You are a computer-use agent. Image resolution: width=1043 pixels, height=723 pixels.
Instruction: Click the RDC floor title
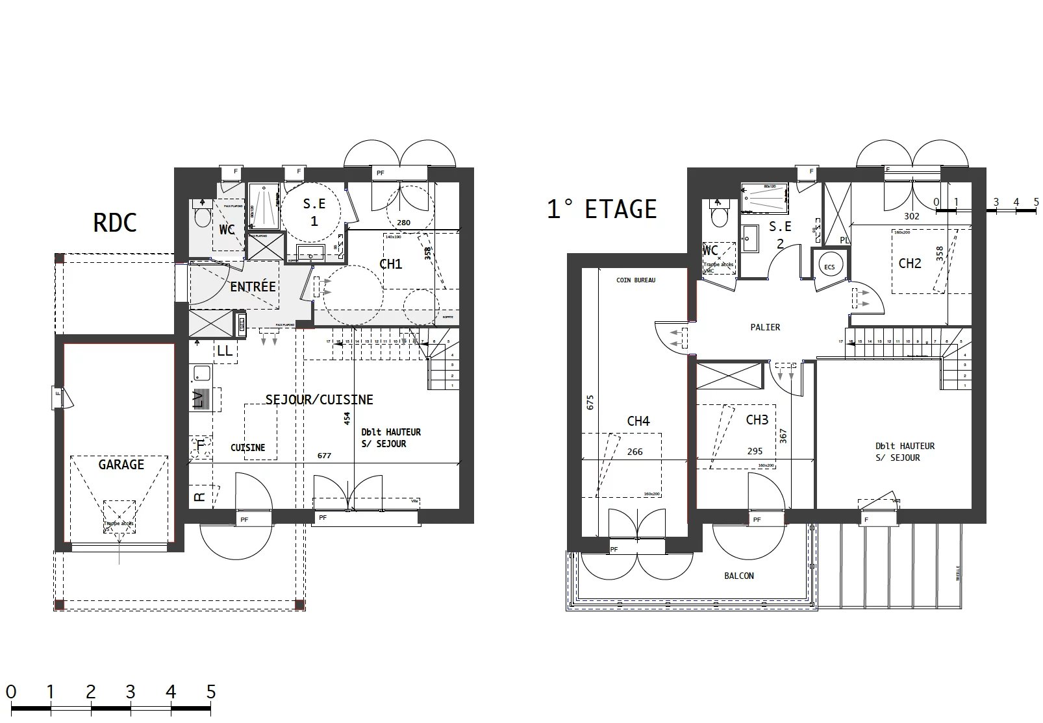click(x=115, y=223)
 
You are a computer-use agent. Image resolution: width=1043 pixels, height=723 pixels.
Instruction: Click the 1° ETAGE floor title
click(x=601, y=209)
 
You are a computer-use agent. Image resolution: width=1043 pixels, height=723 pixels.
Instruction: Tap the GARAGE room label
click(x=121, y=465)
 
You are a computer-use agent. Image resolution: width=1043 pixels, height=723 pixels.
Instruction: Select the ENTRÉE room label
click(x=253, y=286)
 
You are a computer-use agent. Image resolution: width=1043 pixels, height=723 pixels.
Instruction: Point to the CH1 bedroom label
click(x=390, y=264)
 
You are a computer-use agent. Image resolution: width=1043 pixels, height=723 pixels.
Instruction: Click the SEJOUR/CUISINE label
click(x=319, y=400)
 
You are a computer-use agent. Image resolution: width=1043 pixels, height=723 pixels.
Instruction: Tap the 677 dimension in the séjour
click(x=324, y=456)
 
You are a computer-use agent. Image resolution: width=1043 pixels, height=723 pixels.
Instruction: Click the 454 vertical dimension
click(x=347, y=418)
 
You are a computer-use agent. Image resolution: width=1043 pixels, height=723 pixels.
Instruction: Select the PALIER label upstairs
click(x=765, y=327)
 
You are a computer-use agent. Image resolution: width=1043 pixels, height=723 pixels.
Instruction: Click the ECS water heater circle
click(x=829, y=267)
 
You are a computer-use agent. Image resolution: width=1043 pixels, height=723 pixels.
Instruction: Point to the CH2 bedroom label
click(x=910, y=263)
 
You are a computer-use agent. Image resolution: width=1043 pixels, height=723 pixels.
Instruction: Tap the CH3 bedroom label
click(x=757, y=420)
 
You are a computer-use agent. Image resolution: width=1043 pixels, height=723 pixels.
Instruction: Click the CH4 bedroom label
click(x=638, y=421)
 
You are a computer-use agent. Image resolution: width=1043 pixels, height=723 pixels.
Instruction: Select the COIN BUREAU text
click(x=636, y=280)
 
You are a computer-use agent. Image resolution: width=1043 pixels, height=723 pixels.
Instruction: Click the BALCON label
click(x=739, y=576)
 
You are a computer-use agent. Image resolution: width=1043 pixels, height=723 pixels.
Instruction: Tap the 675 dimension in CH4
click(x=590, y=402)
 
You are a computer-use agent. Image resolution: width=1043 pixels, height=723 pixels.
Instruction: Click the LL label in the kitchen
click(x=225, y=351)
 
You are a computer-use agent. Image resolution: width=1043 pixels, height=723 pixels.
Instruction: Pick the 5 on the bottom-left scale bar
click(x=210, y=692)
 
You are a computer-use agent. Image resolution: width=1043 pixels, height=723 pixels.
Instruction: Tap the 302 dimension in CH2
click(x=912, y=217)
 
